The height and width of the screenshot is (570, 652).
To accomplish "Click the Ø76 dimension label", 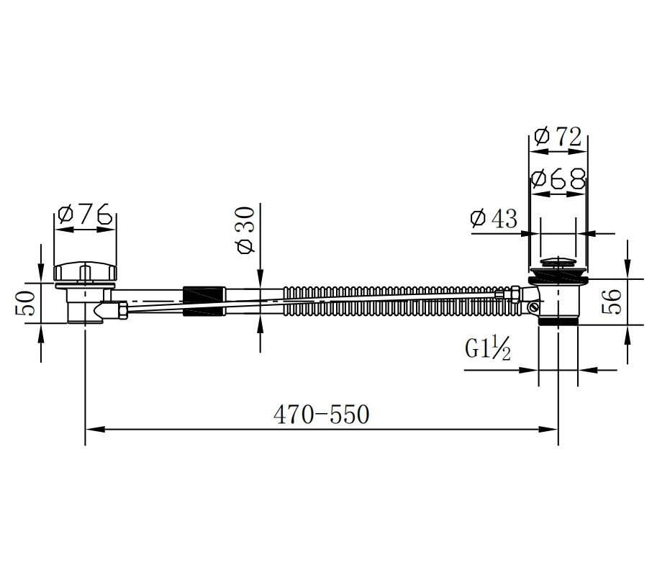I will [x=86, y=214].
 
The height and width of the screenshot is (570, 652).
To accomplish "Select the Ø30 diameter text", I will [x=245, y=230].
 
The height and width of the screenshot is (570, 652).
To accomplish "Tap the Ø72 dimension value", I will [x=558, y=137].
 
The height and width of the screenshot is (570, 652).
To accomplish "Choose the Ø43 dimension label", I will [x=494, y=219].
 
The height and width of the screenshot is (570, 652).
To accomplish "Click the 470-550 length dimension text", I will [x=321, y=415].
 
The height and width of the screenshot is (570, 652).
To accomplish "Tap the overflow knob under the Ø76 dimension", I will [x=85, y=273].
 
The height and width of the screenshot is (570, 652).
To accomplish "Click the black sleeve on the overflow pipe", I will [x=205, y=302].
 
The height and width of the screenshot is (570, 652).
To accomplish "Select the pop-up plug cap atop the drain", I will [x=558, y=263].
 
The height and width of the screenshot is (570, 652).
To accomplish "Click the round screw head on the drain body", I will [x=533, y=308].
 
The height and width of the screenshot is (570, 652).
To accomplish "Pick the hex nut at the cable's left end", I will [x=124, y=310].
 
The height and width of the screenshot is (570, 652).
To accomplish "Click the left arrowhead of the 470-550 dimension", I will [x=91, y=430].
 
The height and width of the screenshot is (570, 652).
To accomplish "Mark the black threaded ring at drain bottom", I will [x=558, y=322].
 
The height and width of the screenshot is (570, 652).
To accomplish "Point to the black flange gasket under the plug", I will [x=558, y=277].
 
